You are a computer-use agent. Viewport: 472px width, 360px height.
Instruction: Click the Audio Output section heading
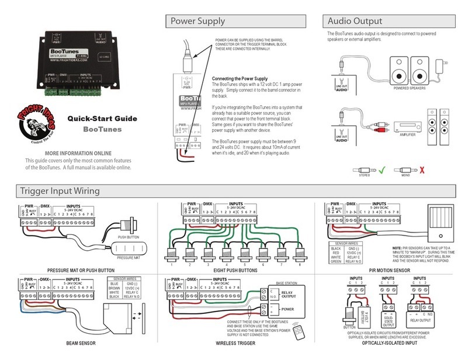pyautogui.click(x=353, y=22)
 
